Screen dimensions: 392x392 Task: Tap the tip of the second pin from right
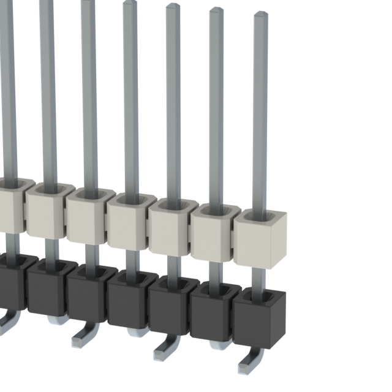(216, 11)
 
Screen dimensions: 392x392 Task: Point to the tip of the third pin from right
(173, 7)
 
